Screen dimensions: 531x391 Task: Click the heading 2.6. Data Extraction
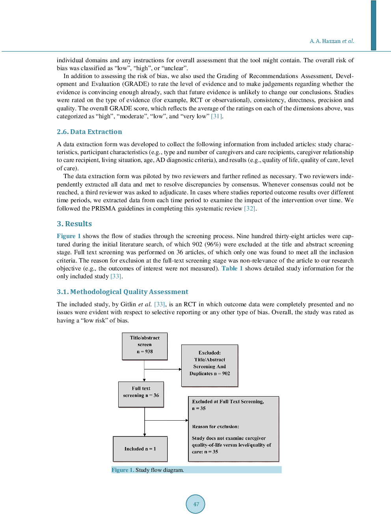[x=89, y=132]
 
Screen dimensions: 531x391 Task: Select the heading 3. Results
[x=74, y=224]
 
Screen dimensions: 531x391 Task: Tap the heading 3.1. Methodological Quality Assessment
[x=122, y=292]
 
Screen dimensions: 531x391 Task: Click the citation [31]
[x=216, y=116]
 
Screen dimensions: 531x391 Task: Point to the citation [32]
[x=249, y=209]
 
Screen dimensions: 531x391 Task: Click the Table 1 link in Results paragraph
[x=232, y=268]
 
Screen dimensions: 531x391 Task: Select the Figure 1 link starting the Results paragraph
[x=69, y=236]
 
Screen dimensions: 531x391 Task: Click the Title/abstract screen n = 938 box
[x=145, y=346]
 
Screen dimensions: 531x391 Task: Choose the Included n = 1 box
[x=140, y=449]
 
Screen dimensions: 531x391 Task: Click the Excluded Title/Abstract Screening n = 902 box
[x=209, y=365]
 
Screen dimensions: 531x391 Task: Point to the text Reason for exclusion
[x=215, y=427]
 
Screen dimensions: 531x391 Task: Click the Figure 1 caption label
[x=123, y=470]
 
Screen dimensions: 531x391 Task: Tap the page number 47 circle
[x=195, y=504]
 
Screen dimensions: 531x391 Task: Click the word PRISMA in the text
[x=103, y=209]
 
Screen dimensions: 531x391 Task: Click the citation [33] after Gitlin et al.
[x=159, y=304]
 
